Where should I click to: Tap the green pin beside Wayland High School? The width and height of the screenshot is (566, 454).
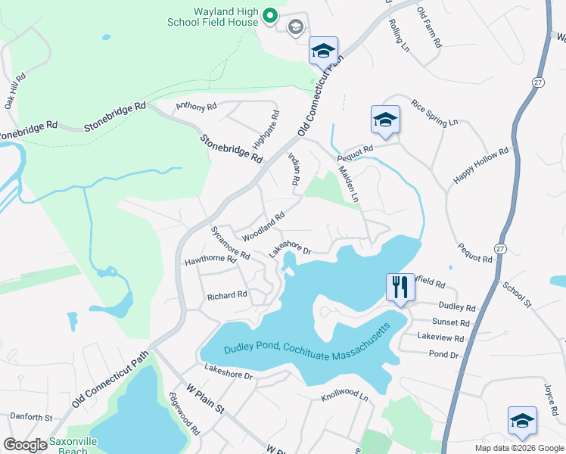click(270, 14)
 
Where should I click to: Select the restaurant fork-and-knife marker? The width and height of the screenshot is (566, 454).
click(400, 288)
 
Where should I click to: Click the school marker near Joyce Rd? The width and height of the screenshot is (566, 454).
click(522, 421)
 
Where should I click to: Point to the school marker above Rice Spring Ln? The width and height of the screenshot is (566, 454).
click(384, 120)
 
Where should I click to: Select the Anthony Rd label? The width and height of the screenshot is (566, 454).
click(191, 107)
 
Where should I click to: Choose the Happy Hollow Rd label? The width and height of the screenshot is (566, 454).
click(481, 165)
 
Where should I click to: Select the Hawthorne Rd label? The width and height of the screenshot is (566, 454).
click(211, 260)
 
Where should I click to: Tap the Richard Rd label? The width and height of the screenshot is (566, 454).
click(227, 295)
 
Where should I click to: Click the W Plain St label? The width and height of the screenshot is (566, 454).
click(206, 399)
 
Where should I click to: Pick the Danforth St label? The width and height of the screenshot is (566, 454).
click(30, 417)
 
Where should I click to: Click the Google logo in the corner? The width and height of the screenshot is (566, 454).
click(25, 445)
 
